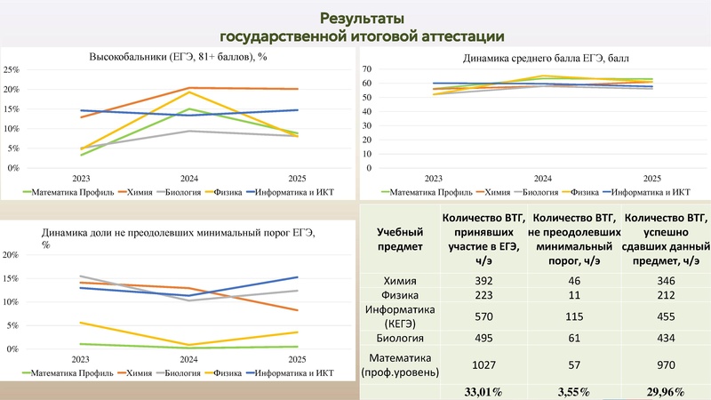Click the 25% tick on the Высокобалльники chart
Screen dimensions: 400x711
pos(12,69)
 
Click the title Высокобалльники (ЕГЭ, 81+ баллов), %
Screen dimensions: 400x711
pos(179,58)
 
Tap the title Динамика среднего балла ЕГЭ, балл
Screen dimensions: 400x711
pos(533,60)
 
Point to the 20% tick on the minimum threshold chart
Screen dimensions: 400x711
pos(12,255)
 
